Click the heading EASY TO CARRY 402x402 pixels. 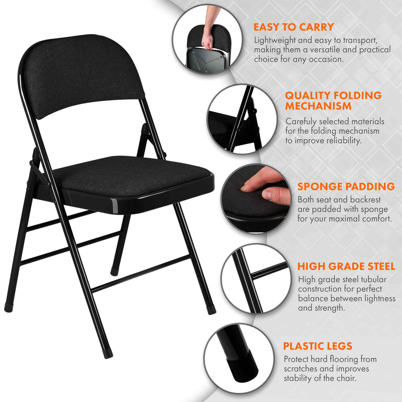[x=293, y=27]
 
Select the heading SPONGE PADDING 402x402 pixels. [x=346, y=186]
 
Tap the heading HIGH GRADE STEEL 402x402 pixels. [x=346, y=266]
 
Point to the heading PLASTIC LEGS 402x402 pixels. [x=317, y=346]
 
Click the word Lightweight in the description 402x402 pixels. [x=277, y=40]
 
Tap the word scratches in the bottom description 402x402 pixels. [x=303, y=369]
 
